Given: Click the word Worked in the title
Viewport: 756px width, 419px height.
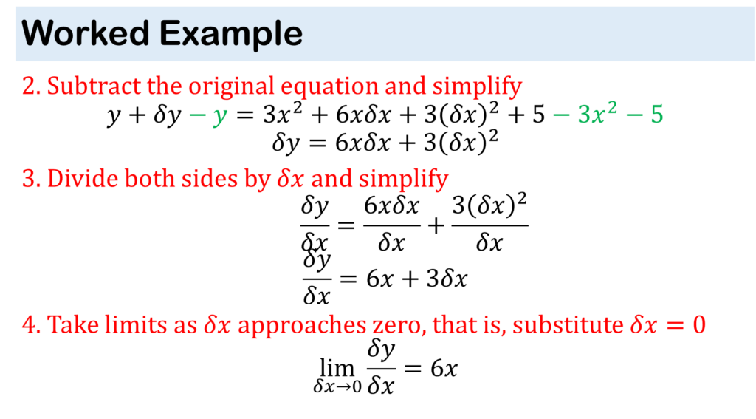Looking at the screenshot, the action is pyautogui.click(x=86, y=33).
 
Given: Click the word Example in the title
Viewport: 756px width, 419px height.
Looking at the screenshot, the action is pyautogui.click(x=231, y=35).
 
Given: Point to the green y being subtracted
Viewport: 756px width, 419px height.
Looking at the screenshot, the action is pyautogui.click(x=220, y=116).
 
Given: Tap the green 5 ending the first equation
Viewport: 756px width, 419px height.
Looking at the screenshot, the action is pyautogui.click(x=656, y=115).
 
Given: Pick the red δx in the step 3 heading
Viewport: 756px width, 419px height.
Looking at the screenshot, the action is pyautogui.click(x=291, y=179).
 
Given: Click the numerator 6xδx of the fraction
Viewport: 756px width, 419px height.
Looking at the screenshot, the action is pyautogui.click(x=391, y=206).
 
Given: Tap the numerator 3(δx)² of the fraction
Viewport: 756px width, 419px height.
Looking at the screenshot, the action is pyautogui.click(x=489, y=205).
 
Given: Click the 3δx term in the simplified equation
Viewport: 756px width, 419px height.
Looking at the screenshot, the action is pyautogui.click(x=447, y=279).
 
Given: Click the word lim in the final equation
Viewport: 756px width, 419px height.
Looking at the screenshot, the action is pyautogui.click(x=337, y=369).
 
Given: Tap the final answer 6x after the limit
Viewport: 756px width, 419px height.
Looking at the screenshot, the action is pyautogui.click(x=444, y=369).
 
